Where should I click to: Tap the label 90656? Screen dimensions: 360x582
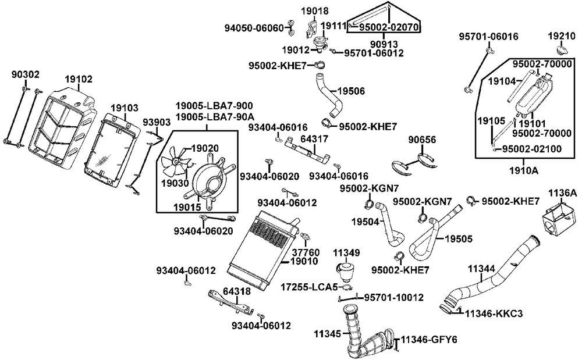(x=422, y=140)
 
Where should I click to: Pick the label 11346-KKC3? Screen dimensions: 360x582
(x=494, y=313)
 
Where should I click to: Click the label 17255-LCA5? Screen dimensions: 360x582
(x=308, y=287)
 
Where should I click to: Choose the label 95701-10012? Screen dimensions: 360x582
(x=394, y=298)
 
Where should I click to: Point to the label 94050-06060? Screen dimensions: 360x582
(x=254, y=27)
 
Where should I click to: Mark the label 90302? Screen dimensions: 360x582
(x=26, y=74)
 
